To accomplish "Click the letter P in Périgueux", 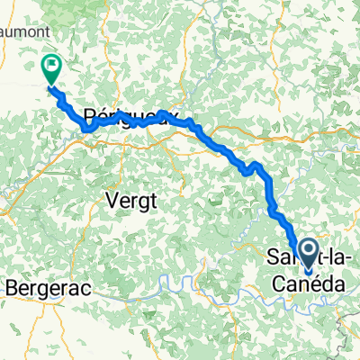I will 89,115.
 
